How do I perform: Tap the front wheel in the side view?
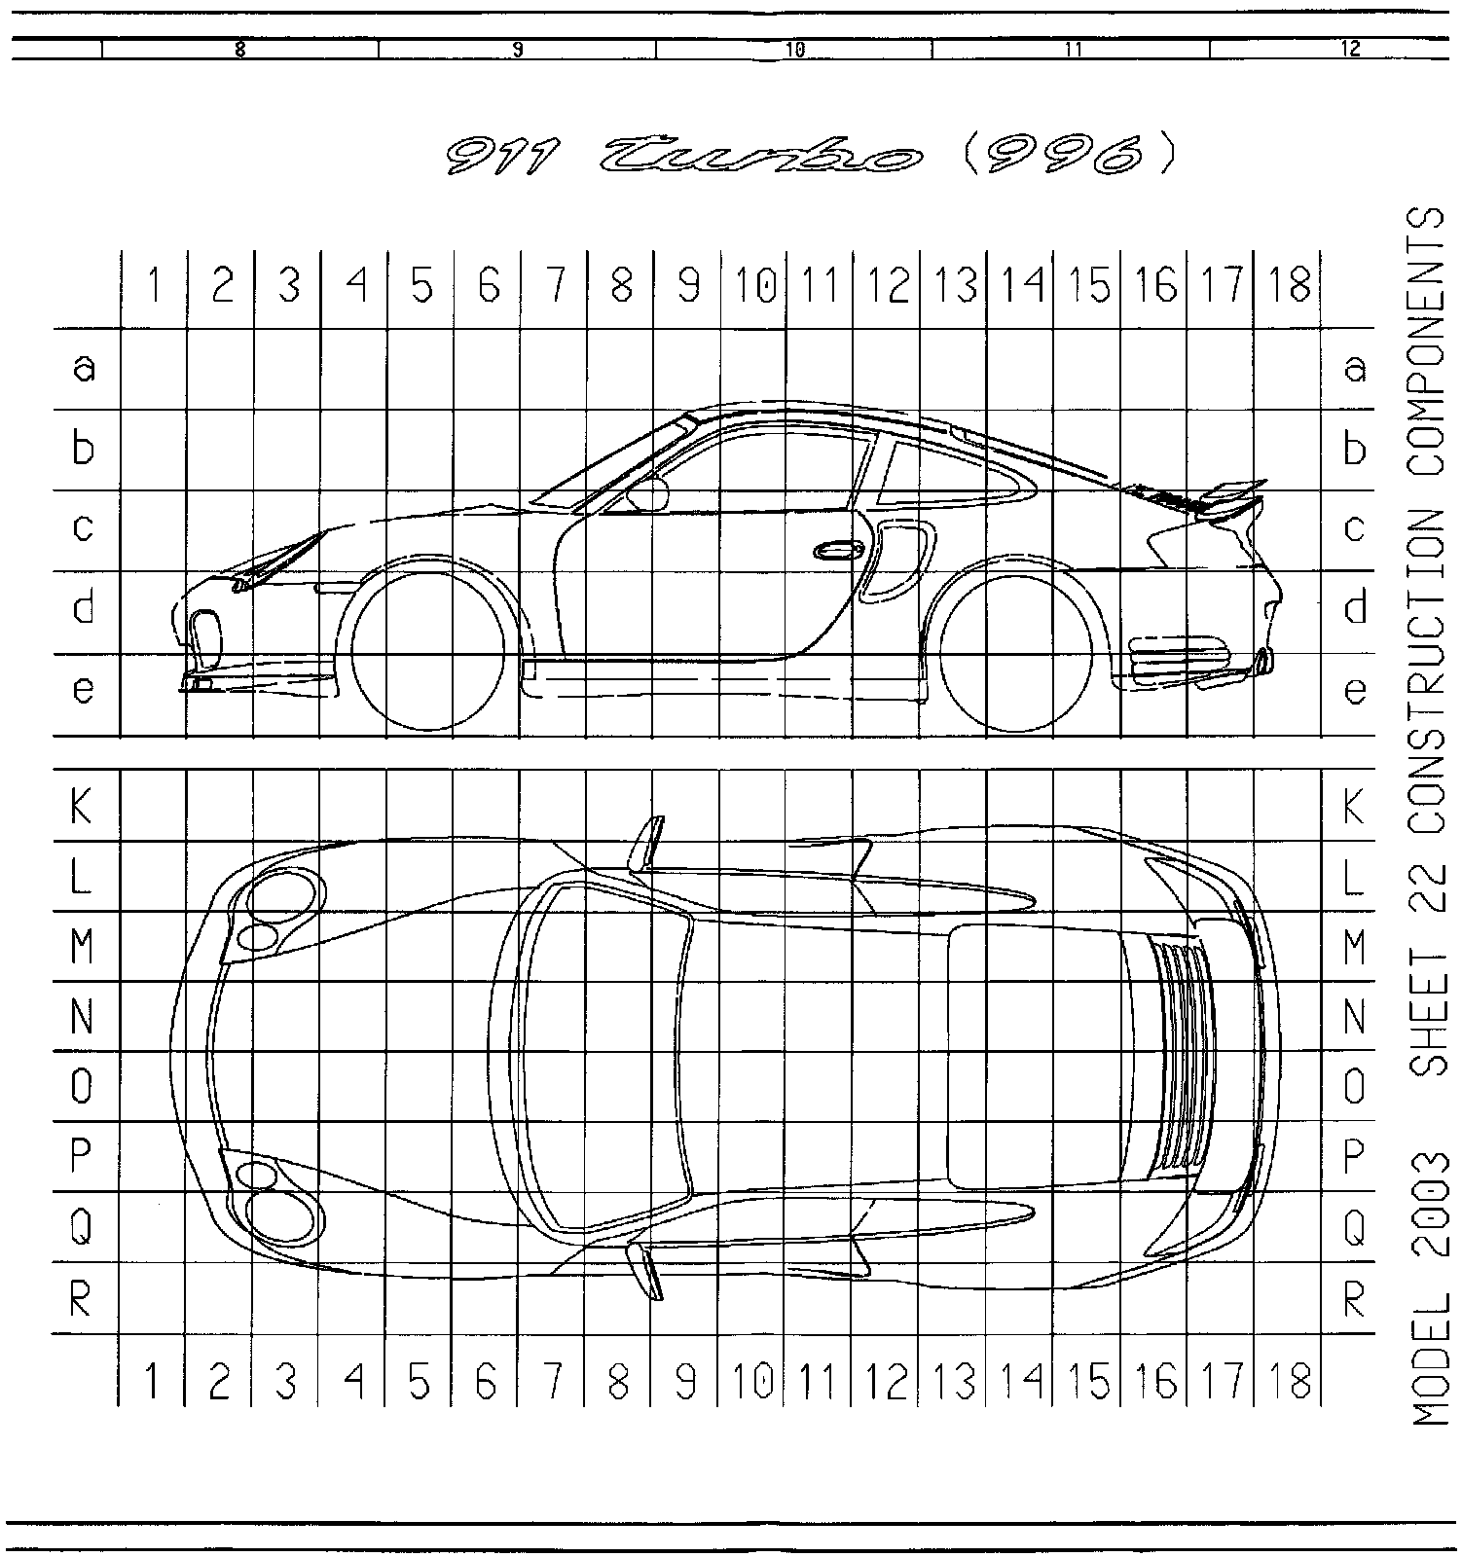coord(428,652)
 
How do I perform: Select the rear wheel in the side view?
coord(1017,652)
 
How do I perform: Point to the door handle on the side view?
coord(838,551)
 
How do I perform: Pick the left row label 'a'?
coord(85,369)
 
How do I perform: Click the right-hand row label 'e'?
coord(1355,692)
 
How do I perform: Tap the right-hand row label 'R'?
coord(1354,1298)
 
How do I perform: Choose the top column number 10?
coord(753,286)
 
